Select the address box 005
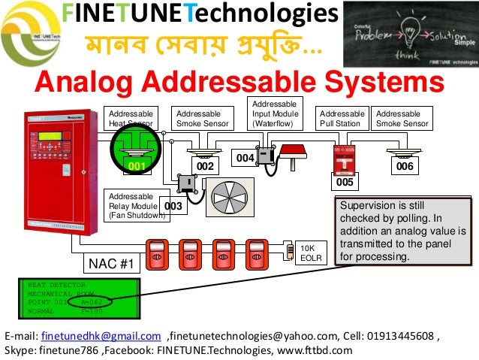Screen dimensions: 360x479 click(x=345, y=182)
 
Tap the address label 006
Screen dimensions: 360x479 click(x=405, y=166)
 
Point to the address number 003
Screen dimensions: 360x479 click(x=173, y=205)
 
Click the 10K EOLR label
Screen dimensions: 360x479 click(x=310, y=252)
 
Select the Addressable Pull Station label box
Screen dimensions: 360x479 click(x=342, y=118)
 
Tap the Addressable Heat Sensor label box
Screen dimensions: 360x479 click(x=130, y=118)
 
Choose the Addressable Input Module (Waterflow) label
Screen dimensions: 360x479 click(x=274, y=113)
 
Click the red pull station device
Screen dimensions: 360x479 click(x=344, y=157)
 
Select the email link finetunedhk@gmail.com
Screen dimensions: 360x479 click(x=101, y=336)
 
